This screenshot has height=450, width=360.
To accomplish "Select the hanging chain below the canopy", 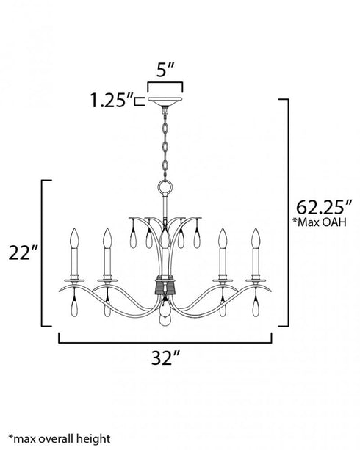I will pos(167,143).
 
